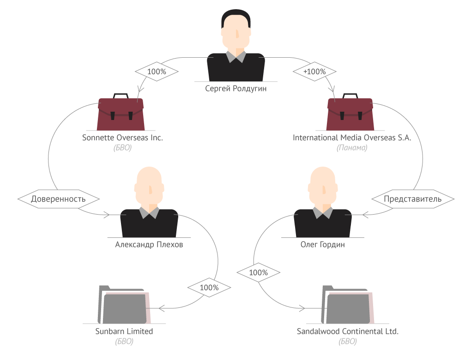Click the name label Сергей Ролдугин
(x=236, y=89)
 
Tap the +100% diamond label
(x=314, y=72)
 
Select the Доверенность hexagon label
(x=59, y=199)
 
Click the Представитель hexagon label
(x=413, y=199)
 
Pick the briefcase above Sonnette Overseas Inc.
(x=121, y=112)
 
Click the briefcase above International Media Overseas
(x=350, y=112)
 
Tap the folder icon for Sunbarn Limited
(x=124, y=305)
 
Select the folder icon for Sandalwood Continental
(x=348, y=305)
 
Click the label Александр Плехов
(x=149, y=245)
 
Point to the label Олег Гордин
(x=323, y=245)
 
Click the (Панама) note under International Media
(x=352, y=148)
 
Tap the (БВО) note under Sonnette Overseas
(x=122, y=148)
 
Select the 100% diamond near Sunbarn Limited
(x=209, y=288)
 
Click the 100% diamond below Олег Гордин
(x=258, y=273)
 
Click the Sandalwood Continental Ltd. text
(x=348, y=331)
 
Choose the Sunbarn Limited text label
(x=124, y=331)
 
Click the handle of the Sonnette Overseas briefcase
(x=121, y=96)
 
